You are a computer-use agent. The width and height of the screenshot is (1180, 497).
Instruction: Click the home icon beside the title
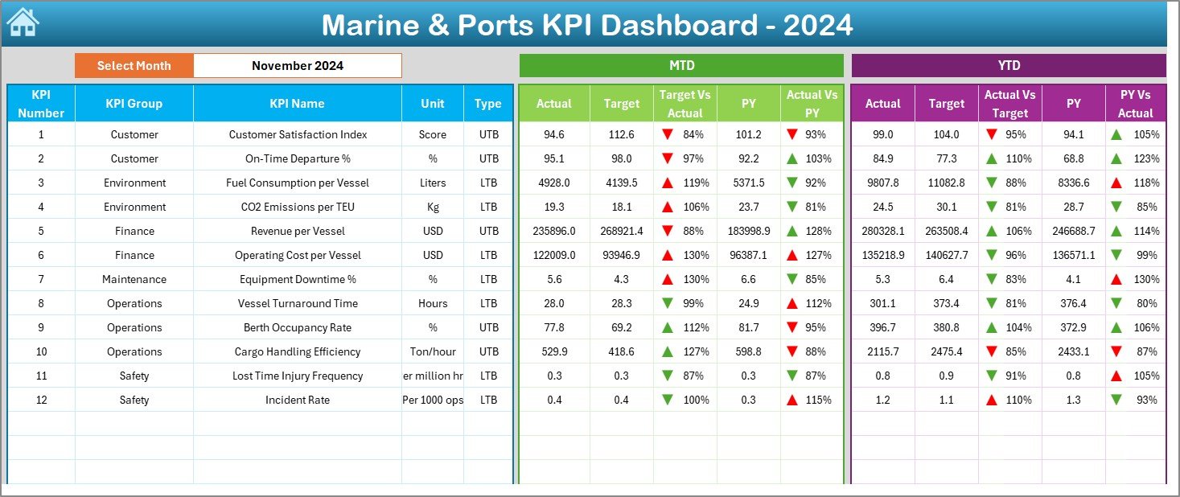[x=22, y=23]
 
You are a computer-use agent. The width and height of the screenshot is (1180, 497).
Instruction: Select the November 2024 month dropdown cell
[x=297, y=66]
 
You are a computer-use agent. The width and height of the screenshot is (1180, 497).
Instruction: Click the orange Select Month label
[x=134, y=66]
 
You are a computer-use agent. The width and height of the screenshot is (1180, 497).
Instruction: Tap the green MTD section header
[x=681, y=66]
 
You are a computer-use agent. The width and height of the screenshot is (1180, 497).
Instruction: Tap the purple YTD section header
[x=1008, y=66]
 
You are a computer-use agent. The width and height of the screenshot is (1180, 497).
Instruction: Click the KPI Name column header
[x=297, y=104]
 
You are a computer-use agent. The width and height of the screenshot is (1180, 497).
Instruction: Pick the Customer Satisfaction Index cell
[x=298, y=134]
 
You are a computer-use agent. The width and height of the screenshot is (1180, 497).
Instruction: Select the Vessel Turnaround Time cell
[x=297, y=303]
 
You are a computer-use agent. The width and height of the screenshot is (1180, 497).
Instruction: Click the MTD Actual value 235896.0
[x=554, y=231]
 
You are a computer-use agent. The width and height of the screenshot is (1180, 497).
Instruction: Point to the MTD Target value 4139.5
[x=621, y=183]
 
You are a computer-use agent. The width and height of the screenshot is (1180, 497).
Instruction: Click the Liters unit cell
[x=433, y=183]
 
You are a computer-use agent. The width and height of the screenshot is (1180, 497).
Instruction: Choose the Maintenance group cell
[x=134, y=279]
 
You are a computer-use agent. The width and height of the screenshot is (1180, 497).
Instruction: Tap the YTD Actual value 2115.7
[x=882, y=351]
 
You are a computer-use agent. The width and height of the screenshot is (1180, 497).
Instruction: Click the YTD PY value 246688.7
[x=1073, y=231]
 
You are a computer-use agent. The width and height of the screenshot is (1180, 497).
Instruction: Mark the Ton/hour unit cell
[x=433, y=351]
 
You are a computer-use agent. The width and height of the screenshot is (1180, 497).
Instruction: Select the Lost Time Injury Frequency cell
[x=297, y=376]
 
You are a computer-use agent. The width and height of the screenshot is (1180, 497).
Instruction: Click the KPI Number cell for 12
[x=41, y=400]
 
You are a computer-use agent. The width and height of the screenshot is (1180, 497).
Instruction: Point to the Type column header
[x=487, y=104]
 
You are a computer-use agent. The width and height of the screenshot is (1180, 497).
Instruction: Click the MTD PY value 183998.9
[x=748, y=231]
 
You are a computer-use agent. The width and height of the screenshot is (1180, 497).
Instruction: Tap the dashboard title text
[x=587, y=25]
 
